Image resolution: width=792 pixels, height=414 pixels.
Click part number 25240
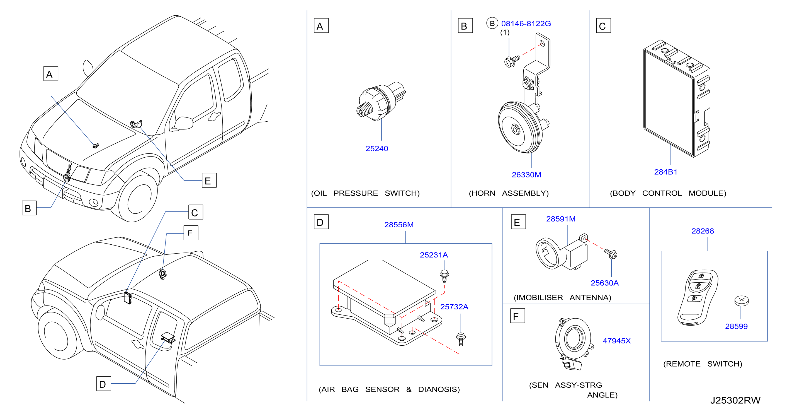[x=376, y=149]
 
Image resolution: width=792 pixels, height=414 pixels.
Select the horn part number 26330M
[x=526, y=175]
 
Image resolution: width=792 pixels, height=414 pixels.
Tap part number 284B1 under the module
[x=666, y=172]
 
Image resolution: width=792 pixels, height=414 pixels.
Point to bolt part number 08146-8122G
[x=526, y=24]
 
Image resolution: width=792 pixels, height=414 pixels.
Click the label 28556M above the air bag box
[x=399, y=225]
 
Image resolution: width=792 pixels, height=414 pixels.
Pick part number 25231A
[x=434, y=255]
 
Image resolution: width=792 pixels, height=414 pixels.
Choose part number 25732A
[x=454, y=307]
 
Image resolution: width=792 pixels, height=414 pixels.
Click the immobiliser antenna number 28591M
[x=561, y=219]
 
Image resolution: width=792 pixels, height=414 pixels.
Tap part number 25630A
[x=604, y=283]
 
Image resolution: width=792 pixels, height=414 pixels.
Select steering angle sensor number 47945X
[x=616, y=341]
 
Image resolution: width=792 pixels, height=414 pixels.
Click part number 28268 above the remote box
[x=703, y=231]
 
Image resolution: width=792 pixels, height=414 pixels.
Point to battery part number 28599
[x=736, y=326]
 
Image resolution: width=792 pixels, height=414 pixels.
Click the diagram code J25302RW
[x=735, y=400]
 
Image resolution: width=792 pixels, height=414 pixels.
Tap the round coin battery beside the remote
[x=741, y=301]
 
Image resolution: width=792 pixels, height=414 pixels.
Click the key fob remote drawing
[x=698, y=297]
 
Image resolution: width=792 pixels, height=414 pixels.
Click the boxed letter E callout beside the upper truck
[x=209, y=180]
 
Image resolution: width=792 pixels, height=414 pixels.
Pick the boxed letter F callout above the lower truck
[x=191, y=233]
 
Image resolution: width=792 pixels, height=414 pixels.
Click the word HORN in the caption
[x=483, y=193]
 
